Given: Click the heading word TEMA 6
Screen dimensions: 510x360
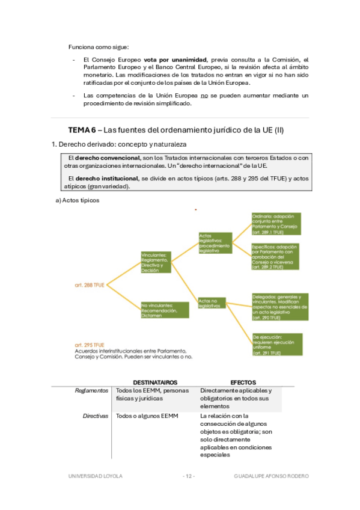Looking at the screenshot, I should (x=81, y=130).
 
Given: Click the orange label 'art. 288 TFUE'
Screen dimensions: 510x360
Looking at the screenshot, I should (x=89, y=283).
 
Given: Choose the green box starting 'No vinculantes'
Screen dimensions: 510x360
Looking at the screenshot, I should (x=165, y=310).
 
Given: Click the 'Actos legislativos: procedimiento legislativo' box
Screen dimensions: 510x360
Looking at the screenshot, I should (x=214, y=243).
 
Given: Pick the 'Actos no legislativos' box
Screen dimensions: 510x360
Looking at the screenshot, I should (x=214, y=302).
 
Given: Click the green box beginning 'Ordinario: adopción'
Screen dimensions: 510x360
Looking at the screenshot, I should (x=276, y=224).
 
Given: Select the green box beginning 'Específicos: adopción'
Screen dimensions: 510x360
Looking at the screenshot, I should (x=276, y=256).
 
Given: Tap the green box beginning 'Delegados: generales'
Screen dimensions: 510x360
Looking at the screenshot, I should (x=280, y=306).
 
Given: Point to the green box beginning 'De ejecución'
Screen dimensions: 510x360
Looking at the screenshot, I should (x=276, y=345).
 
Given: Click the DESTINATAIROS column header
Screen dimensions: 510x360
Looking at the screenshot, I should (x=154, y=382).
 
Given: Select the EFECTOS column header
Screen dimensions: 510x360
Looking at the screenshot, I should (x=243, y=382).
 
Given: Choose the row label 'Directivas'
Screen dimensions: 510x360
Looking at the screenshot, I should (x=96, y=416).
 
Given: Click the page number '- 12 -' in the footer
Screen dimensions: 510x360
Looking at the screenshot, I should (x=189, y=476).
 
